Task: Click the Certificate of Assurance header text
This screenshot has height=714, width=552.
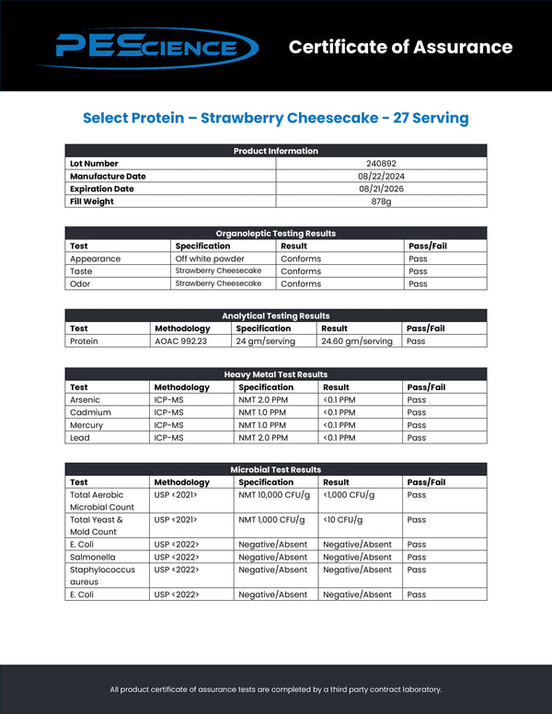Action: (400, 47)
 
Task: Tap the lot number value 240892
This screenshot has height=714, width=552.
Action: (381, 164)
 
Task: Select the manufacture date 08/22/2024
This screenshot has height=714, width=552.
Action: (381, 176)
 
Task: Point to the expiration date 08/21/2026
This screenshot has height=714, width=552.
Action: (381, 189)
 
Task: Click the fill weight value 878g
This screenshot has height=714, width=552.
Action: (381, 201)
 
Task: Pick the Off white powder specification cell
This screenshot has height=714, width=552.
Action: (210, 259)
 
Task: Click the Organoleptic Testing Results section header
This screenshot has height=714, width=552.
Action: (275, 234)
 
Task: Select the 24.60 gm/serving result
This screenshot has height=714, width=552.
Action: (357, 340)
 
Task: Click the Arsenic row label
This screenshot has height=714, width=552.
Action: (85, 400)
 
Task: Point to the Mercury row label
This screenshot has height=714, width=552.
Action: (86, 425)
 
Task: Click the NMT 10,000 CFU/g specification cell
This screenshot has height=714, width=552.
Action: (273, 495)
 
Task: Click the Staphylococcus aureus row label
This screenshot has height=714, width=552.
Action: (96, 575)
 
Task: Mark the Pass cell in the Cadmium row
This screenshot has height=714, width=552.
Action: (417, 413)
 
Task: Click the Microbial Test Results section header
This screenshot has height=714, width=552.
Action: (275, 470)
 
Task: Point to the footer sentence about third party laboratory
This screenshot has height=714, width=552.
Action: (275, 689)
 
